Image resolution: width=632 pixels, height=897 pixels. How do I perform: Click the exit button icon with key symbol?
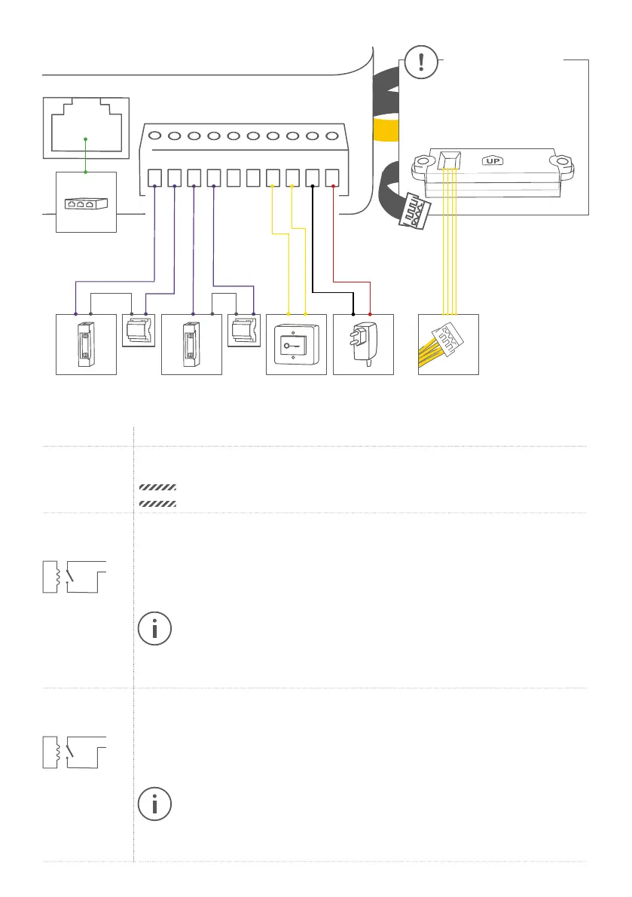click(x=295, y=344)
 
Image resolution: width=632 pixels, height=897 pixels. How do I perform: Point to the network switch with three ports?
click(x=86, y=203)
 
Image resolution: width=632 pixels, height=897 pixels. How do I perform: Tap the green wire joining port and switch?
click(x=86, y=155)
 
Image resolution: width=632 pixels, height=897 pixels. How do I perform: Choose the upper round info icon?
click(x=155, y=630)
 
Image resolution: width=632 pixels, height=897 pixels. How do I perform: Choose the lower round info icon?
click(x=155, y=805)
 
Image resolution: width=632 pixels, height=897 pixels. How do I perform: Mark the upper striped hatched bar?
click(x=157, y=487)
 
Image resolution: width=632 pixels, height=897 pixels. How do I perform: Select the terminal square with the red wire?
click(x=333, y=178)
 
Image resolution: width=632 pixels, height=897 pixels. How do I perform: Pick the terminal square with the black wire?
click(x=313, y=178)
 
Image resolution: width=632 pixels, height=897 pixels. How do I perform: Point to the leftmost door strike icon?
click(x=86, y=344)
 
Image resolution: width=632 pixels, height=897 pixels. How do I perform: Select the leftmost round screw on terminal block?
click(x=155, y=137)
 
